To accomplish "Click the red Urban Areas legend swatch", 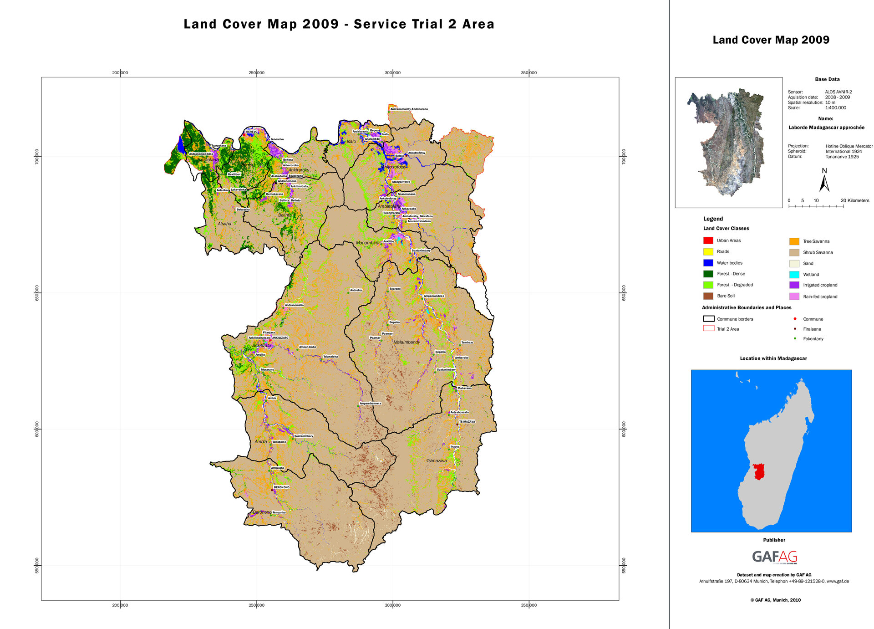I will click(708, 240).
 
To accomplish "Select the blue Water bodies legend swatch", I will click(708, 263).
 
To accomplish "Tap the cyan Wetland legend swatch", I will click(794, 275).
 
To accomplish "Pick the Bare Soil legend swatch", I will click(708, 296).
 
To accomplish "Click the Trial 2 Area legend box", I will click(708, 328).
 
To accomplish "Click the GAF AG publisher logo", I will click(774, 557).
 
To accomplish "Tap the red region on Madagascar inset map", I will click(758, 471).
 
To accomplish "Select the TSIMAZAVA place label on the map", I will click(467, 422).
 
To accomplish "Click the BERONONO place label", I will click(281, 487).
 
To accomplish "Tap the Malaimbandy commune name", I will click(407, 342).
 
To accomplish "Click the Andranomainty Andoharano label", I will click(409, 109).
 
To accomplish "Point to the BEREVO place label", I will click(252, 132).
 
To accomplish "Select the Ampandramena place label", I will click(370, 404).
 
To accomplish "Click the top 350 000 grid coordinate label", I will click(528, 73).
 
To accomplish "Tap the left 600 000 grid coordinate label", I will click(37, 429).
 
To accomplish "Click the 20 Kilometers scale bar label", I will click(855, 200).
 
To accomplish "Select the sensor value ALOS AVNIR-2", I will click(838, 92).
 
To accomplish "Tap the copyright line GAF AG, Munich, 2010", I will click(775, 600).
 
